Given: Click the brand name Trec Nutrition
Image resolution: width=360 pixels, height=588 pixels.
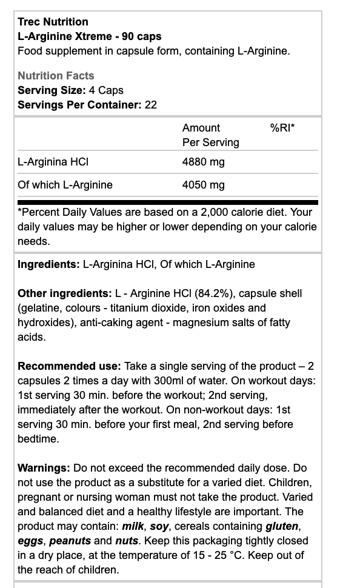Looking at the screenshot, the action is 53,22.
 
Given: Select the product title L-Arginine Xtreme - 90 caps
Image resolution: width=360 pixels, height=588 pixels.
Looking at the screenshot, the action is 89,36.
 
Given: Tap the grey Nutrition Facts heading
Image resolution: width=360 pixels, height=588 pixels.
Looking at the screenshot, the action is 56,76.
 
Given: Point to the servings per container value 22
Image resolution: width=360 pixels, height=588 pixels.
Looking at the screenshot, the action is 151,105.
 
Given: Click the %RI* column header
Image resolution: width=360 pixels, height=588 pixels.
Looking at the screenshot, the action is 282,128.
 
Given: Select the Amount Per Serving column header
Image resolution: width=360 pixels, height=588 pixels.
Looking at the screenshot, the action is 210,135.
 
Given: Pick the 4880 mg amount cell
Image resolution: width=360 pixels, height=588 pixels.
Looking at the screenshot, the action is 203,162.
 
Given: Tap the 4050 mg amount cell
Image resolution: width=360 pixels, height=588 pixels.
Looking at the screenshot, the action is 203,185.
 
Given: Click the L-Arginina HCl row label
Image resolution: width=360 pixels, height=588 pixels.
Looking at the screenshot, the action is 53,162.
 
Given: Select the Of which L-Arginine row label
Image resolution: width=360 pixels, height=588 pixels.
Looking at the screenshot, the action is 65,185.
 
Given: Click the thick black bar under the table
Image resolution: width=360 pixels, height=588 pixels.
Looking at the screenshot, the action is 167,202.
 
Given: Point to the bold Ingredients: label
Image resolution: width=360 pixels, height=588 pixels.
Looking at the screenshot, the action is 48,264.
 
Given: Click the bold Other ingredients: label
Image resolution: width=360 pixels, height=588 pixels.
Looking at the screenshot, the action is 64,293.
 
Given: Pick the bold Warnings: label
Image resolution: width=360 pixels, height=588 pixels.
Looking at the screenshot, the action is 44,468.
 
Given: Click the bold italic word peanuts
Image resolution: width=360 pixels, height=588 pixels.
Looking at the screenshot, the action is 70,541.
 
